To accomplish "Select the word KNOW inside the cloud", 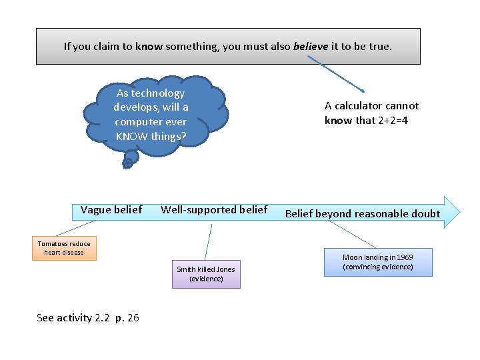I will coord(132,137).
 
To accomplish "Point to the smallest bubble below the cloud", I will coord(127,164).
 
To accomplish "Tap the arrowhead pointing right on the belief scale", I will coord(451,212).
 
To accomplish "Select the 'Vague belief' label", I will coord(111,210).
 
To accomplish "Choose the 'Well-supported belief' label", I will coord(214,210).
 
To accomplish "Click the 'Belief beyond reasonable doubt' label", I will coord(363,214).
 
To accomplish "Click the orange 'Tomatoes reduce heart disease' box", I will coord(64,248).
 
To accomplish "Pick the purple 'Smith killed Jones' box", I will coord(206,274).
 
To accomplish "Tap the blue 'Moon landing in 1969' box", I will coord(378,262).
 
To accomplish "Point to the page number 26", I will coord(133,318).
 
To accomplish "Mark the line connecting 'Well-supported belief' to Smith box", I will coord(208,241).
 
